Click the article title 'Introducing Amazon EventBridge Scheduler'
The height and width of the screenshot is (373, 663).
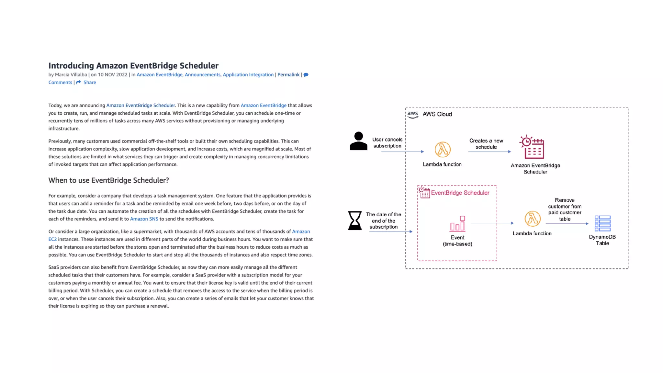pyautogui.click(x=133, y=66)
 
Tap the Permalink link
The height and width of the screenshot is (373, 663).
pyautogui.click(x=288, y=75)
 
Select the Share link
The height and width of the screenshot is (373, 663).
pyautogui.click(x=89, y=83)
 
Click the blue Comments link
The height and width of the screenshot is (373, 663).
pyautogui.click(x=60, y=83)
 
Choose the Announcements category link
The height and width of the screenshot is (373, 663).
pyautogui.click(x=202, y=75)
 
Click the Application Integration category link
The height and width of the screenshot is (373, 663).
pyautogui.click(x=248, y=75)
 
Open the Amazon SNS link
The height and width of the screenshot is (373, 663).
pyautogui.click(x=144, y=219)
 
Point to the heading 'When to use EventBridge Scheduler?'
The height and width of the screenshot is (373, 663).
pyautogui.click(x=108, y=180)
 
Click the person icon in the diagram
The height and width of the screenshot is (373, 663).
pyautogui.click(x=358, y=141)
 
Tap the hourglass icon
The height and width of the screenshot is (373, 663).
pyautogui.click(x=354, y=220)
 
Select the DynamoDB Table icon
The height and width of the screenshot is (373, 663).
pyautogui.click(x=602, y=223)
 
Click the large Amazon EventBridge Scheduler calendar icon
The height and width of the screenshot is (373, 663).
pyautogui.click(x=532, y=147)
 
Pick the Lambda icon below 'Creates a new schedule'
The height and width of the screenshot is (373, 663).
pyautogui.click(x=442, y=150)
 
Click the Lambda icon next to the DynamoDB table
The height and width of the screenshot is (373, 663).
pyautogui.click(x=532, y=219)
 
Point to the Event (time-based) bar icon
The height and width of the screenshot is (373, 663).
pyautogui.click(x=457, y=224)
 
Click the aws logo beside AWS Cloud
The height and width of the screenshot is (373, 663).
pyautogui.click(x=412, y=114)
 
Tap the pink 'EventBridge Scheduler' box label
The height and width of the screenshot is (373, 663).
pyautogui.click(x=460, y=193)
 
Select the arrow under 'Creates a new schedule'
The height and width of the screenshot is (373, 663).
pyautogui.click(x=489, y=152)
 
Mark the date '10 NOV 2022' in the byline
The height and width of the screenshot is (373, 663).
pyautogui.click(x=113, y=75)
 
